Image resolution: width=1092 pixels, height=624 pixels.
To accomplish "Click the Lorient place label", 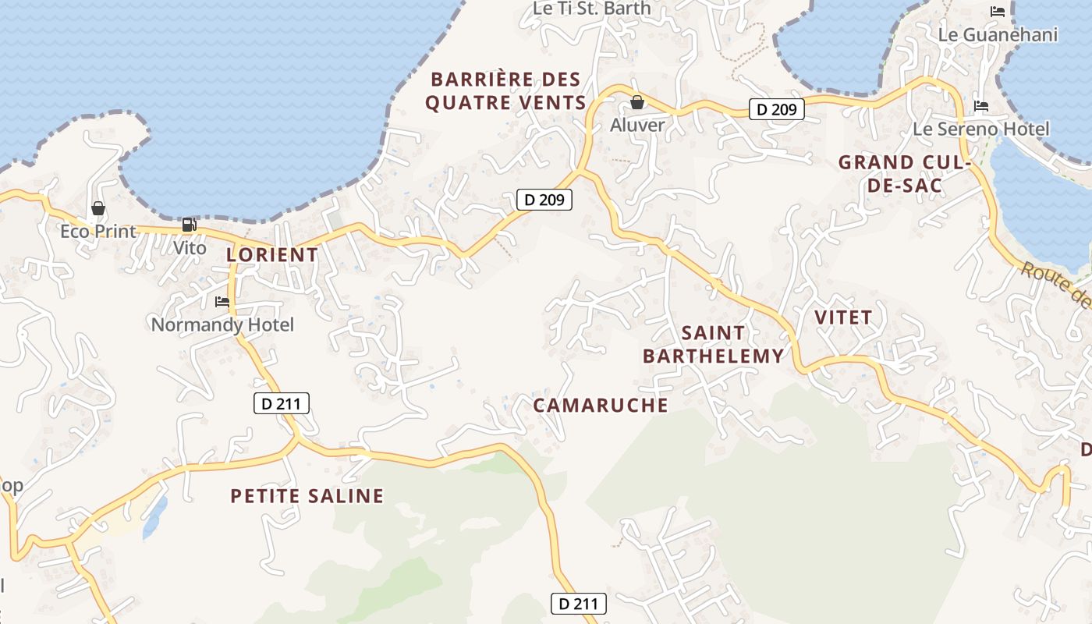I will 272,254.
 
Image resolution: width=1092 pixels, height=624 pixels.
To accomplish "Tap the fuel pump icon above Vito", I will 189,225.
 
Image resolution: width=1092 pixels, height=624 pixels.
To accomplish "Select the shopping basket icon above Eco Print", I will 98,208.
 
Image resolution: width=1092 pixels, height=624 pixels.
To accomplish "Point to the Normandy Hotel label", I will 222,324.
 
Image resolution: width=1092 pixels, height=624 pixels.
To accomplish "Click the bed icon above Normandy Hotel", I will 222,301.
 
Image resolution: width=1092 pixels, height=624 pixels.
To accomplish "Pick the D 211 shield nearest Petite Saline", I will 282,403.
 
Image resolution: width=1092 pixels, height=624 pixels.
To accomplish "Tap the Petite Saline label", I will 307,496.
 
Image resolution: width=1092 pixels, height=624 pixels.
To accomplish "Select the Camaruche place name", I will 601,405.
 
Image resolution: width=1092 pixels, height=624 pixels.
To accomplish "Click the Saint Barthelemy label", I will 713,344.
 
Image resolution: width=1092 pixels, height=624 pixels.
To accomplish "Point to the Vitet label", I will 843,317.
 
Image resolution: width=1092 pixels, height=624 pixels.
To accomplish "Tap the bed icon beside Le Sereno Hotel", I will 981,106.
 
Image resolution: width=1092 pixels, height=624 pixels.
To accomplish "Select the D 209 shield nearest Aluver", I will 777,109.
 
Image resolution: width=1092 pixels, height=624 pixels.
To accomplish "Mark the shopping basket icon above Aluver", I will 637,102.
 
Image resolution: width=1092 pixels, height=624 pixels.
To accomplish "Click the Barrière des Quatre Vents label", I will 505,90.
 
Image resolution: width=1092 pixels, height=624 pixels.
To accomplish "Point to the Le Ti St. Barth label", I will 591,8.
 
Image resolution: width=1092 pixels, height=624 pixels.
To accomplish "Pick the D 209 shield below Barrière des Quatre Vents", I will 544,200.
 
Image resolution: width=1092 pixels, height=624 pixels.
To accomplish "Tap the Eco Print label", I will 98,232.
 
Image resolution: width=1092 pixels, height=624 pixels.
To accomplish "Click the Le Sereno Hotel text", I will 981,129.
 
